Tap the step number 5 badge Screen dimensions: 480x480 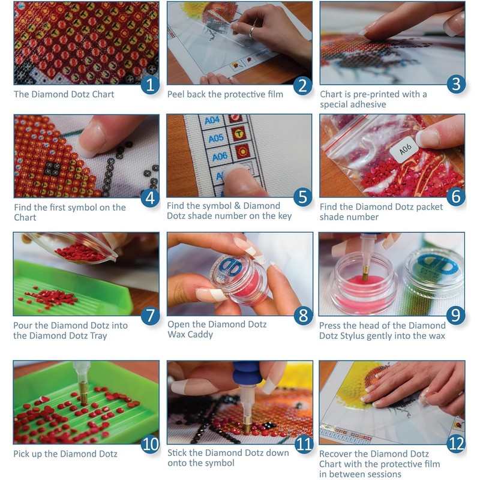303,197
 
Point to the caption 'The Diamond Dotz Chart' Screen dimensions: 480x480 64,94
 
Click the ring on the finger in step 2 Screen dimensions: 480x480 253,29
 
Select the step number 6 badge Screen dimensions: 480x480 455,197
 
